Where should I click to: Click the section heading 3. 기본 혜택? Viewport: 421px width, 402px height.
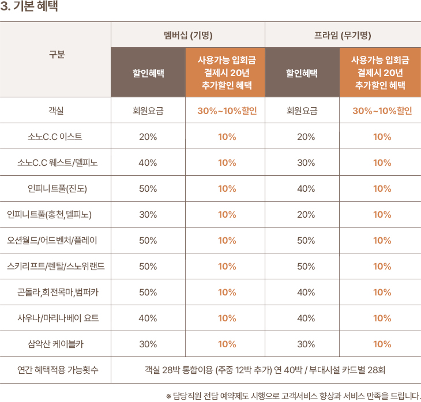click(x=29, y=8)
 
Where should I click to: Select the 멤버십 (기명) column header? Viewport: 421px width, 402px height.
click(x=188, y=35)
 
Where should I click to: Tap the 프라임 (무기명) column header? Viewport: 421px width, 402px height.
click(x=343, y=35)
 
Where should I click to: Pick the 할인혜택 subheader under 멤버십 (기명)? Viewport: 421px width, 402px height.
click(x=148, y=73)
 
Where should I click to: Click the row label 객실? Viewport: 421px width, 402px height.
click(x=56, y=111)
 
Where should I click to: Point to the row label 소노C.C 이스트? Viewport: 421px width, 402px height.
click(x=55, y=136)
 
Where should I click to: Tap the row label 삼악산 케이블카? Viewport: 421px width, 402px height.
click(x=56, y=344)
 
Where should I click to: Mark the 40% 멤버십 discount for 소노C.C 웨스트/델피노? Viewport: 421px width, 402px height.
click(x=148, y=162)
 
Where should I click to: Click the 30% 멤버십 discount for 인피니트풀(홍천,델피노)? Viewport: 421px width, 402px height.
click(x=148, y=214)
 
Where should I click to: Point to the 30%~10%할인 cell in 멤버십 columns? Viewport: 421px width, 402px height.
click(x=227, y=111)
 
